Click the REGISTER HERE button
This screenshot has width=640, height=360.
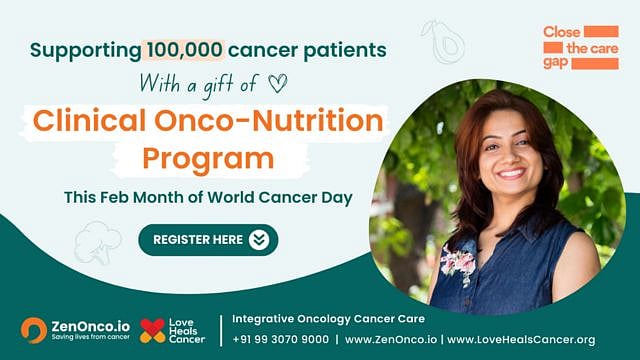[208, 239]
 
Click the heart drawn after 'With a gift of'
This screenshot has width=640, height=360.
[277, 83]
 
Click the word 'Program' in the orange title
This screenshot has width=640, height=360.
[208, 158]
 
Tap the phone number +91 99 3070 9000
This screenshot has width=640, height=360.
[280, 339]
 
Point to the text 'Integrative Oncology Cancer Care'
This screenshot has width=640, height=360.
[328, 318]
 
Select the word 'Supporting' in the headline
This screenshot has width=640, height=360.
[86, 50]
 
